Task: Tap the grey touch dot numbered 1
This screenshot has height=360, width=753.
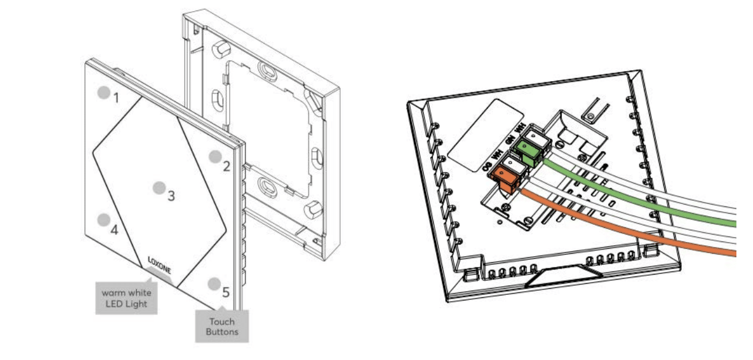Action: pos(104,92)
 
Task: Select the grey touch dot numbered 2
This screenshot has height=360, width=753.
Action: pos(215,156)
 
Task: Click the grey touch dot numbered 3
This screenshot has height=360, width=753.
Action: pos(159,188)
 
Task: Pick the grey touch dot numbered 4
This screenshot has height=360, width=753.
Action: pos(104,219)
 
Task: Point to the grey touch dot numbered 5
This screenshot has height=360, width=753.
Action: pos(214,284)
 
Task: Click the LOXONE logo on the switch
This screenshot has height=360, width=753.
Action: pos(159,265)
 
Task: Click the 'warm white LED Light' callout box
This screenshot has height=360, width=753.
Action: pos(127,298)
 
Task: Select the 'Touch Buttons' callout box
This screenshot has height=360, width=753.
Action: pos(222,326)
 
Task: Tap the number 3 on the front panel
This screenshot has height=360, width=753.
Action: pos(171,196)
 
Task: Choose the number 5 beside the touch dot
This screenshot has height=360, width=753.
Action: pos(226,292)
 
